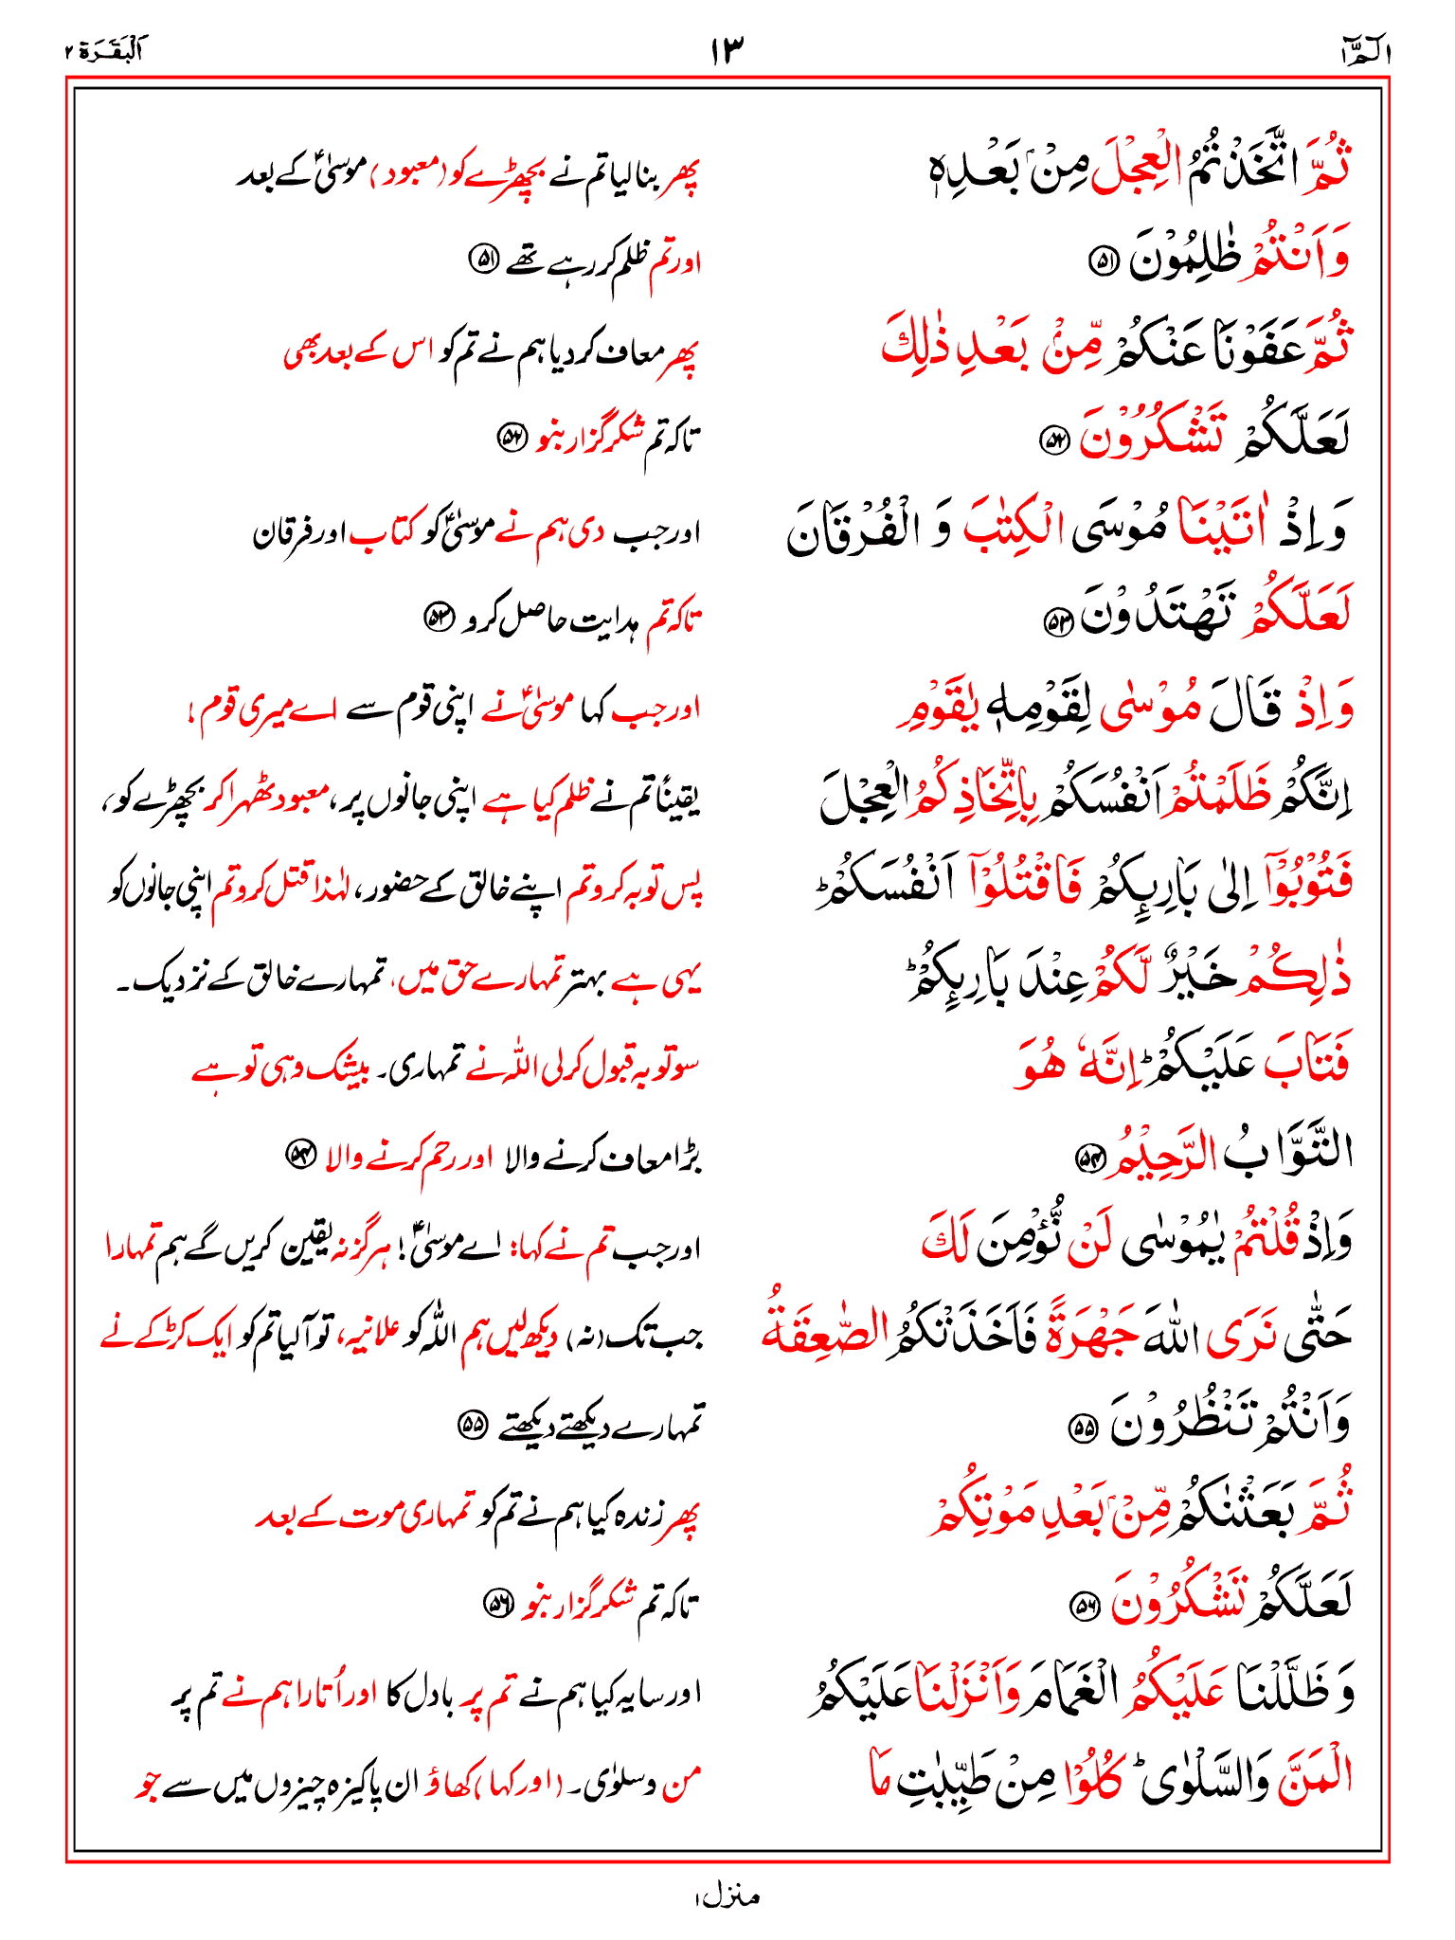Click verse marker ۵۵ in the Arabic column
[1081, 1429]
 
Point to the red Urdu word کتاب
[379, 534]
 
